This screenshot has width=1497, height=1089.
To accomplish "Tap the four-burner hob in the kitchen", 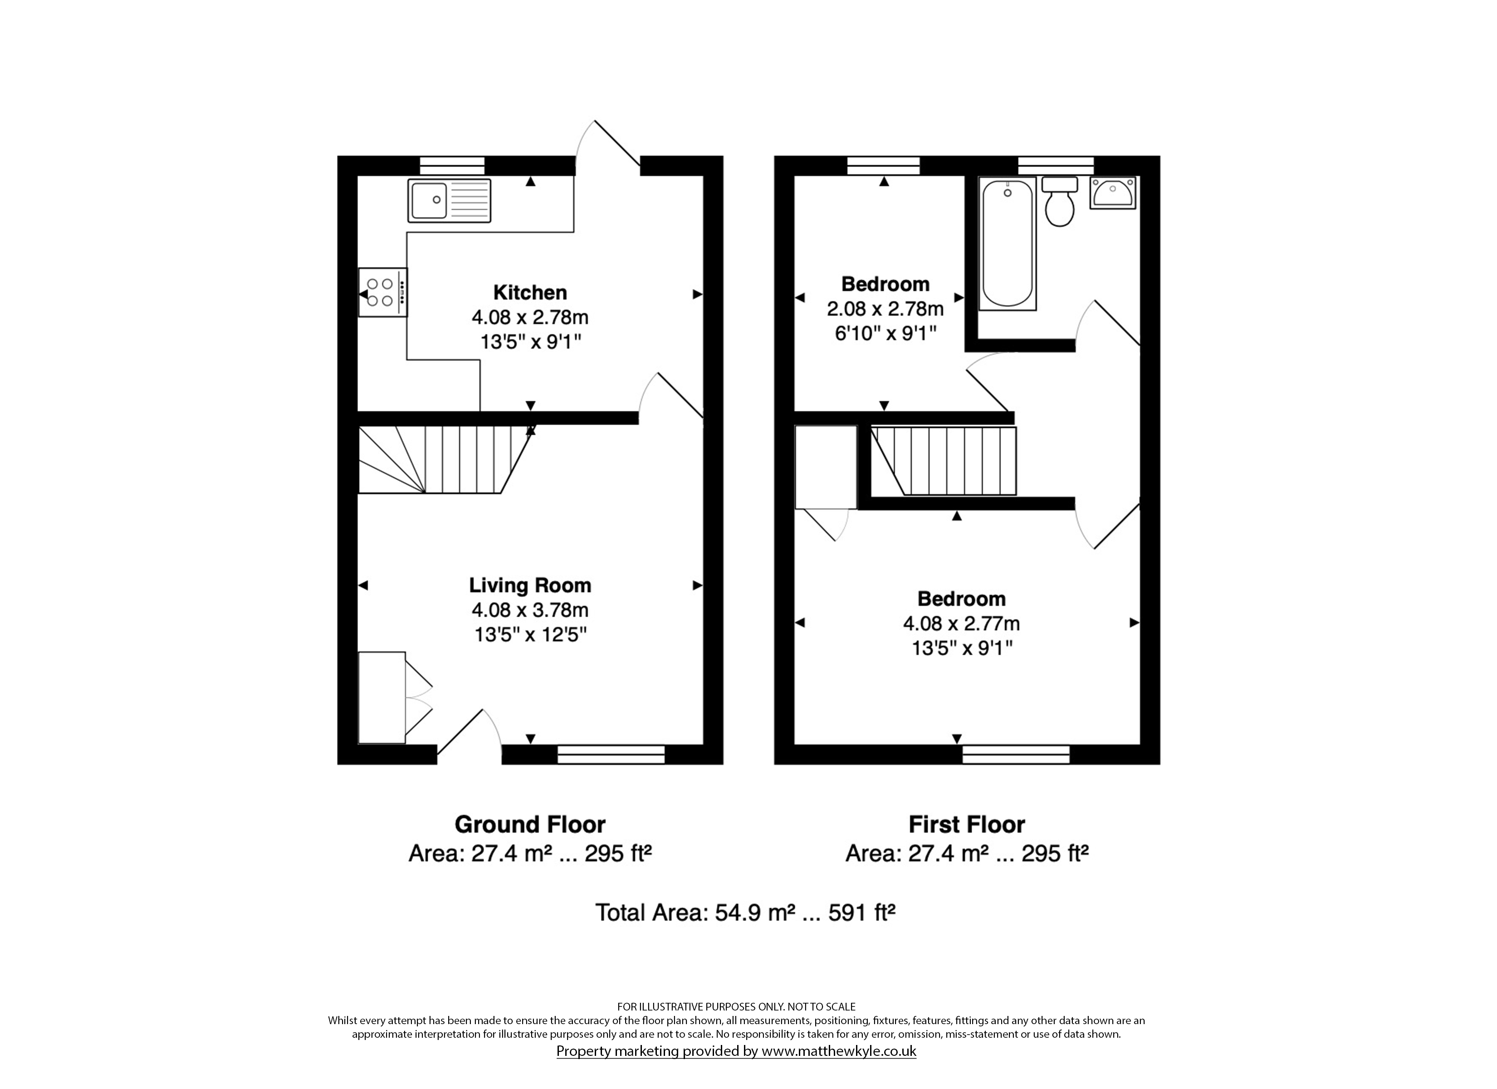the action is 383,293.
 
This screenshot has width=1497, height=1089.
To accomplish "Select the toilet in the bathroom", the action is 1059,201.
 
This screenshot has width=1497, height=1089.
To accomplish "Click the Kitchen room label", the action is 530,293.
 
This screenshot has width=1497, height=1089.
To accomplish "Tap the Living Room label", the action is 530,585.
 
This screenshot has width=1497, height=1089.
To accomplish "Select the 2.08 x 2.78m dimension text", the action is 885,309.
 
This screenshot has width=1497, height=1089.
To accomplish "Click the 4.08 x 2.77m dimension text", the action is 962,623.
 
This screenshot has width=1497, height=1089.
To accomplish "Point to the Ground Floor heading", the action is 530,824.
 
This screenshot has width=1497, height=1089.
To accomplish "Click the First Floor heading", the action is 967,824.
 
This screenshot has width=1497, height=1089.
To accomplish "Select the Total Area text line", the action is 745,912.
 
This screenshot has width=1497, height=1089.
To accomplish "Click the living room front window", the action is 611,754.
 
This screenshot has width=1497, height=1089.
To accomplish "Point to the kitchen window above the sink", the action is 452,166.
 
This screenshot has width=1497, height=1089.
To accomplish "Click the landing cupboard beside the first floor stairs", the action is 826,467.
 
